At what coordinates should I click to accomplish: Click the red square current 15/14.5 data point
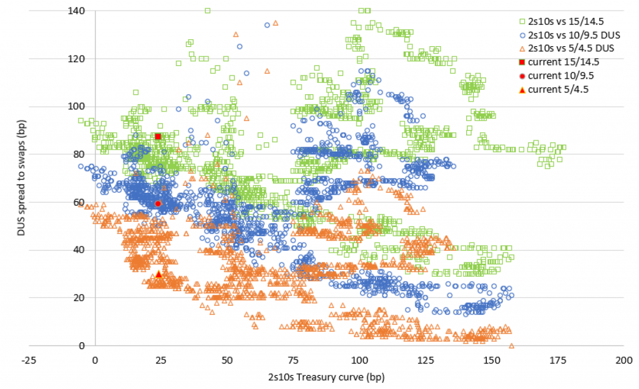tap(158, 137)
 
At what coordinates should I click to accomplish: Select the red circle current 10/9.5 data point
tap(158, 203)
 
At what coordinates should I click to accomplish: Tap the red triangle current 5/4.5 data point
tap(159, 274)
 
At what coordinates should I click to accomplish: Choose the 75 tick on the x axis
tap(293, 360)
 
